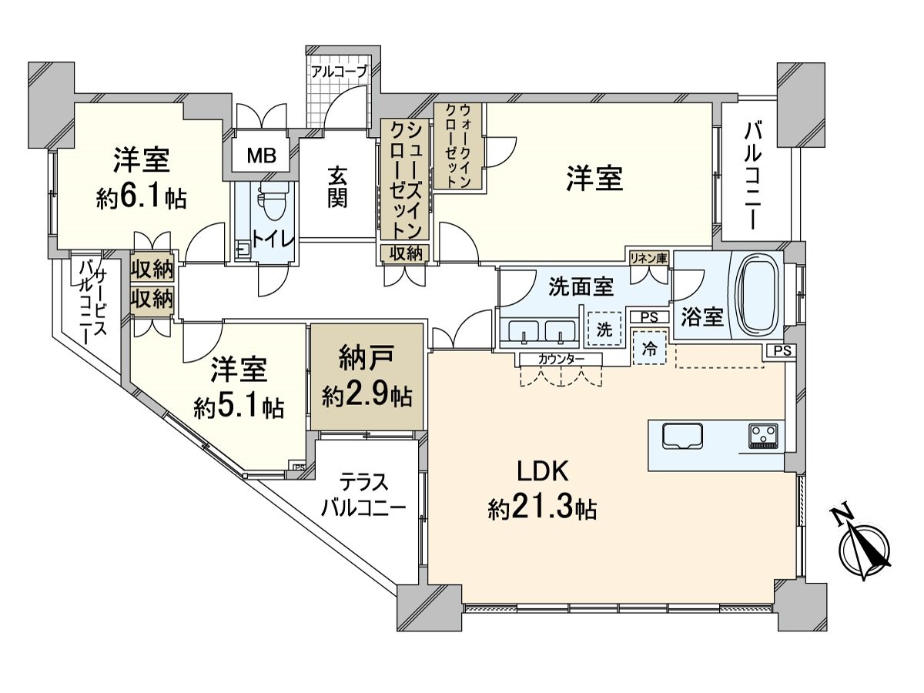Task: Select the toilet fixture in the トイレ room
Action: click(x=271, y=206)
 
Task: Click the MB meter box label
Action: click(x=261, y=157)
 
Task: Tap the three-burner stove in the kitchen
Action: click(x=762, y=436)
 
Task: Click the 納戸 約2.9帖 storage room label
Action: click(x=367, y=377)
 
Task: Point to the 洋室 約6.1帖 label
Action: click(x=141, y=179)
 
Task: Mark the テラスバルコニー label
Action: click(x=363, y=496)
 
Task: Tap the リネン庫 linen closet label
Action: click(x=648, y=258)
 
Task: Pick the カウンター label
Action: click(x=561, y=359)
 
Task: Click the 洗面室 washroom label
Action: click(x=581, y=287)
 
